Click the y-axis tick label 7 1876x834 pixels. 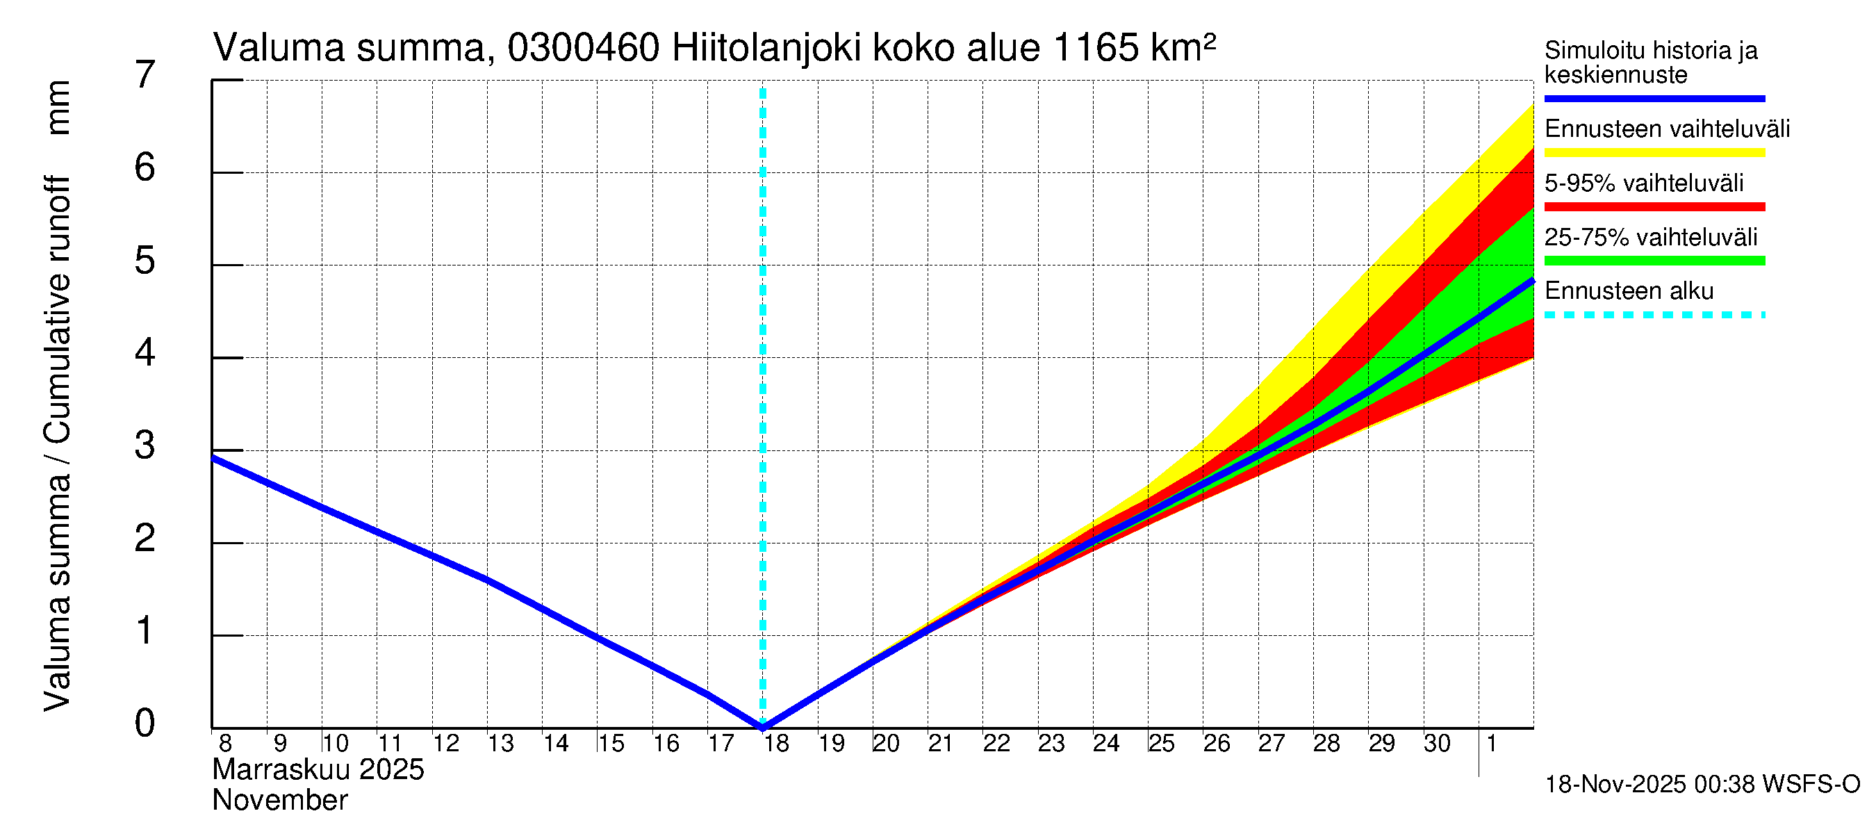[x=145, y=74]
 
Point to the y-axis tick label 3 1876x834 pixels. [x=145, y=445]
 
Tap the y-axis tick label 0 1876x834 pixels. [x=145, y=723]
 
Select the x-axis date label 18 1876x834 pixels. [x=776, y=744]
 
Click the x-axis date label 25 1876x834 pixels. [x=1161, y=744]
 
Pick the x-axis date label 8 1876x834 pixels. [x=225, y=744]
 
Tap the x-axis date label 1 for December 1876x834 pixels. [x=1492, y=744]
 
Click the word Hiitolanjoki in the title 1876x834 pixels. [x=766, y=49]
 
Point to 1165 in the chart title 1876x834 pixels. [x=1094, y=49]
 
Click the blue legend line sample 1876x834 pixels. [x=1654, y=98]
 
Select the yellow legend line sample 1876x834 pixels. [x=1654, y=153]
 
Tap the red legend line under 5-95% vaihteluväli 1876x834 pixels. [x=1654, y=207]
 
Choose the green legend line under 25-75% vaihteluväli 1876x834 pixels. [x=1654, y=261]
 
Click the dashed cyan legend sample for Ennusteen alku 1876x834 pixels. [x=1654, y=316]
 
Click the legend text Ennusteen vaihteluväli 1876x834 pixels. [x=1666, y=129]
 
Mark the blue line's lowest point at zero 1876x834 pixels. [x=762, y=726]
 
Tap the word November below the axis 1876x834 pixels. [x=279, y=801]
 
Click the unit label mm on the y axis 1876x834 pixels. [x=58, y=108]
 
